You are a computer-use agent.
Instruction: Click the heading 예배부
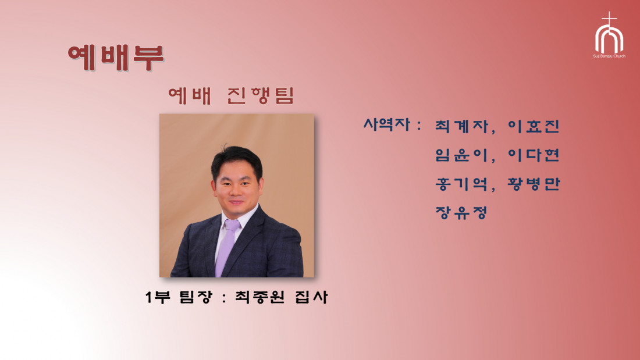pos(116,58)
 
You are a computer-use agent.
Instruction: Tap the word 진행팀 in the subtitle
pos(261,95)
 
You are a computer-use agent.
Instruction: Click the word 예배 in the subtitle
pos(190,95)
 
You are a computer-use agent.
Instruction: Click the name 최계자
pos(461,126)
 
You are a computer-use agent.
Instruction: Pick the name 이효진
pos(533,126)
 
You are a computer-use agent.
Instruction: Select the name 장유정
pos(461,212)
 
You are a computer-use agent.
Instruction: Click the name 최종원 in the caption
pos(259,297)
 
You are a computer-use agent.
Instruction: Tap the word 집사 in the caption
pos(311,297)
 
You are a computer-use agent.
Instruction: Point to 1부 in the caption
pos(158,297)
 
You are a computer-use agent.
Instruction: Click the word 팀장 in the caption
pos(196,297)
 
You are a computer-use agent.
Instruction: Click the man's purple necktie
pos(227,247)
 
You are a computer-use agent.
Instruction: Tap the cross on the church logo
pos(609,19)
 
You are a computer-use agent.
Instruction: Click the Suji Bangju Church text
pos(609,56)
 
